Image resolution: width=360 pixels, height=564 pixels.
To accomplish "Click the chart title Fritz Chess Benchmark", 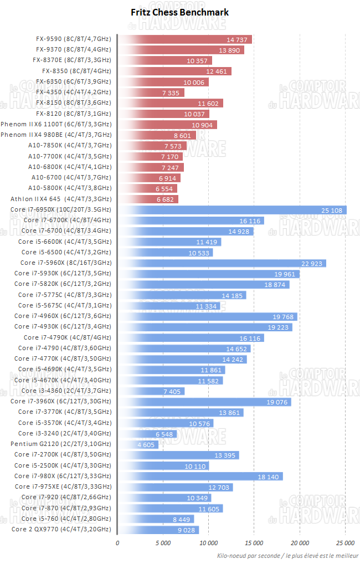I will coord(179,12).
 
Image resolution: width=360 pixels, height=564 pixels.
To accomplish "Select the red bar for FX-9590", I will coord(185,39).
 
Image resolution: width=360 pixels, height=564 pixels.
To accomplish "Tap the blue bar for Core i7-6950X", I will coord(232,210).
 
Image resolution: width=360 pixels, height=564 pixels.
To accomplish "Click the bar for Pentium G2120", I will coord(138,444).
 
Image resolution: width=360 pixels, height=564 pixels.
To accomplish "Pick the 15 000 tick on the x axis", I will coord(254,543).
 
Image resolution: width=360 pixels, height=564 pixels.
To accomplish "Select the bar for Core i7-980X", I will coord(200,476).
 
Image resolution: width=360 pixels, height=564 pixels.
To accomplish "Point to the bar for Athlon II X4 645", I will coord(148,199).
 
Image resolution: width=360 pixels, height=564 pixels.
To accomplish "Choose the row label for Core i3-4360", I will coord(64,391).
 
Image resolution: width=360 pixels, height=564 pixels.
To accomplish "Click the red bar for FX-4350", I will coord(151,93).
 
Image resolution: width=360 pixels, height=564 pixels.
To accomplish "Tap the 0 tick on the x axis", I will coord(117,543).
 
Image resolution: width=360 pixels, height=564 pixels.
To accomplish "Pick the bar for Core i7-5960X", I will coord(222,263).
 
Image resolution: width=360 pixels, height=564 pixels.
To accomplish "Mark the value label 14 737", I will coord(238,39).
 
